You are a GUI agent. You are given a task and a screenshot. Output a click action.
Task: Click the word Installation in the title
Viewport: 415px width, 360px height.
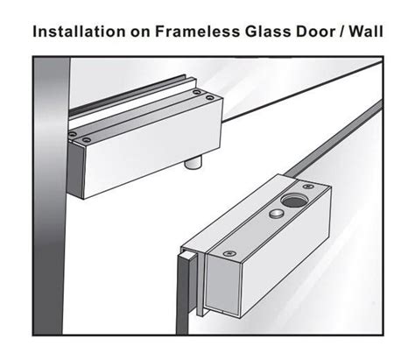79,32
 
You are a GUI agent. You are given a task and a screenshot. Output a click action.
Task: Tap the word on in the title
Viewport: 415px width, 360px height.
140,32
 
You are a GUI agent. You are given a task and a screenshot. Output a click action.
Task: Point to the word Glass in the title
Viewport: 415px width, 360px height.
268,32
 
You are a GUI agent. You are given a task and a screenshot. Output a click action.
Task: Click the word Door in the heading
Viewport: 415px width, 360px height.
315,32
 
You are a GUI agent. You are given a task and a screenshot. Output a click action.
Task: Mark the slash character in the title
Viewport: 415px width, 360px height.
341,32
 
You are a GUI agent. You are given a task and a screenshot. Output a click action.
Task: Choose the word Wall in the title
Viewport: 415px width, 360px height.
366,32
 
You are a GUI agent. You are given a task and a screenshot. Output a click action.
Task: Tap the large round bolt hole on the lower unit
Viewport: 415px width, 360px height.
294,201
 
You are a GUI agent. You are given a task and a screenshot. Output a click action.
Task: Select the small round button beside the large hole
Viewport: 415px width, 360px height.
276,214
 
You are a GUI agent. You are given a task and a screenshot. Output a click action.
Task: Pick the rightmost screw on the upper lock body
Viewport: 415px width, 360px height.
209,97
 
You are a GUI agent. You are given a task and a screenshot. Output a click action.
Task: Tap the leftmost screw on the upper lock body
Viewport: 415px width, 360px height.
73,134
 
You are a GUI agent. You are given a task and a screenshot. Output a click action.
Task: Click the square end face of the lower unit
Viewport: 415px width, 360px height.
223,285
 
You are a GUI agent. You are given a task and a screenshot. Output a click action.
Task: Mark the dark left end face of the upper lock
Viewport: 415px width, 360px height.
75,172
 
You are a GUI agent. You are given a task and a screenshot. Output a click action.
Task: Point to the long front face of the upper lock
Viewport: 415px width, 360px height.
151,149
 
